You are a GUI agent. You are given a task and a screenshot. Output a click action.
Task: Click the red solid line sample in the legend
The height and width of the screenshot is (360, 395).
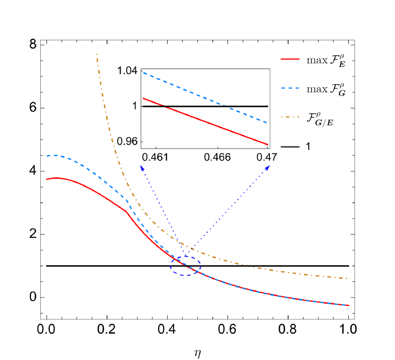click(x=290, y=59)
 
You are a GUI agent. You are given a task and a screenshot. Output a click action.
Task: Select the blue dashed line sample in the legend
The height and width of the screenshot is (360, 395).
click(x=290, y=88)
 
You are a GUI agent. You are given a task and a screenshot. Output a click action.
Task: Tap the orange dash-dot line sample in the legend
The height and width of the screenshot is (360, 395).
click(x=290, y=117)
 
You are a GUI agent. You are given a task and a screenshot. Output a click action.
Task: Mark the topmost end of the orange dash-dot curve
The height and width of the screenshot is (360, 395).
click(x=96, y=54)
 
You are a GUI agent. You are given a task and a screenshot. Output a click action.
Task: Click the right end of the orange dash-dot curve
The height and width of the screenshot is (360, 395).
click(x=347, y=278)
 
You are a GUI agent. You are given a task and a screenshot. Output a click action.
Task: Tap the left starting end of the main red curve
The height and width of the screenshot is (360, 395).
click(x=46, y=179)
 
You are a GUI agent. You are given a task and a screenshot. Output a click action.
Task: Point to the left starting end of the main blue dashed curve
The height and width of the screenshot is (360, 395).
click(x=46, y=156)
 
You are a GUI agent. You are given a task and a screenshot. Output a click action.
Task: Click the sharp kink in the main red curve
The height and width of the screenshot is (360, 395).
click(x=126, y=211)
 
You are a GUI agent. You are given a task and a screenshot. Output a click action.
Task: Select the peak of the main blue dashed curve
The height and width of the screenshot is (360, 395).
click(x=54, y=155)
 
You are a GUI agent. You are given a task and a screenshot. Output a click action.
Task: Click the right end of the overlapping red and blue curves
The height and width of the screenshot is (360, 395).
click(x=348, y=305)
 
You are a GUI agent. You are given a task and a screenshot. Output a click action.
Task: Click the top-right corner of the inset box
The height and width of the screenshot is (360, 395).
click(x=270, y=69)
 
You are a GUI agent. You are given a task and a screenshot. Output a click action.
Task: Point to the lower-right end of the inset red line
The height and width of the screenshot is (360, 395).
click(x=268, y=145)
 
